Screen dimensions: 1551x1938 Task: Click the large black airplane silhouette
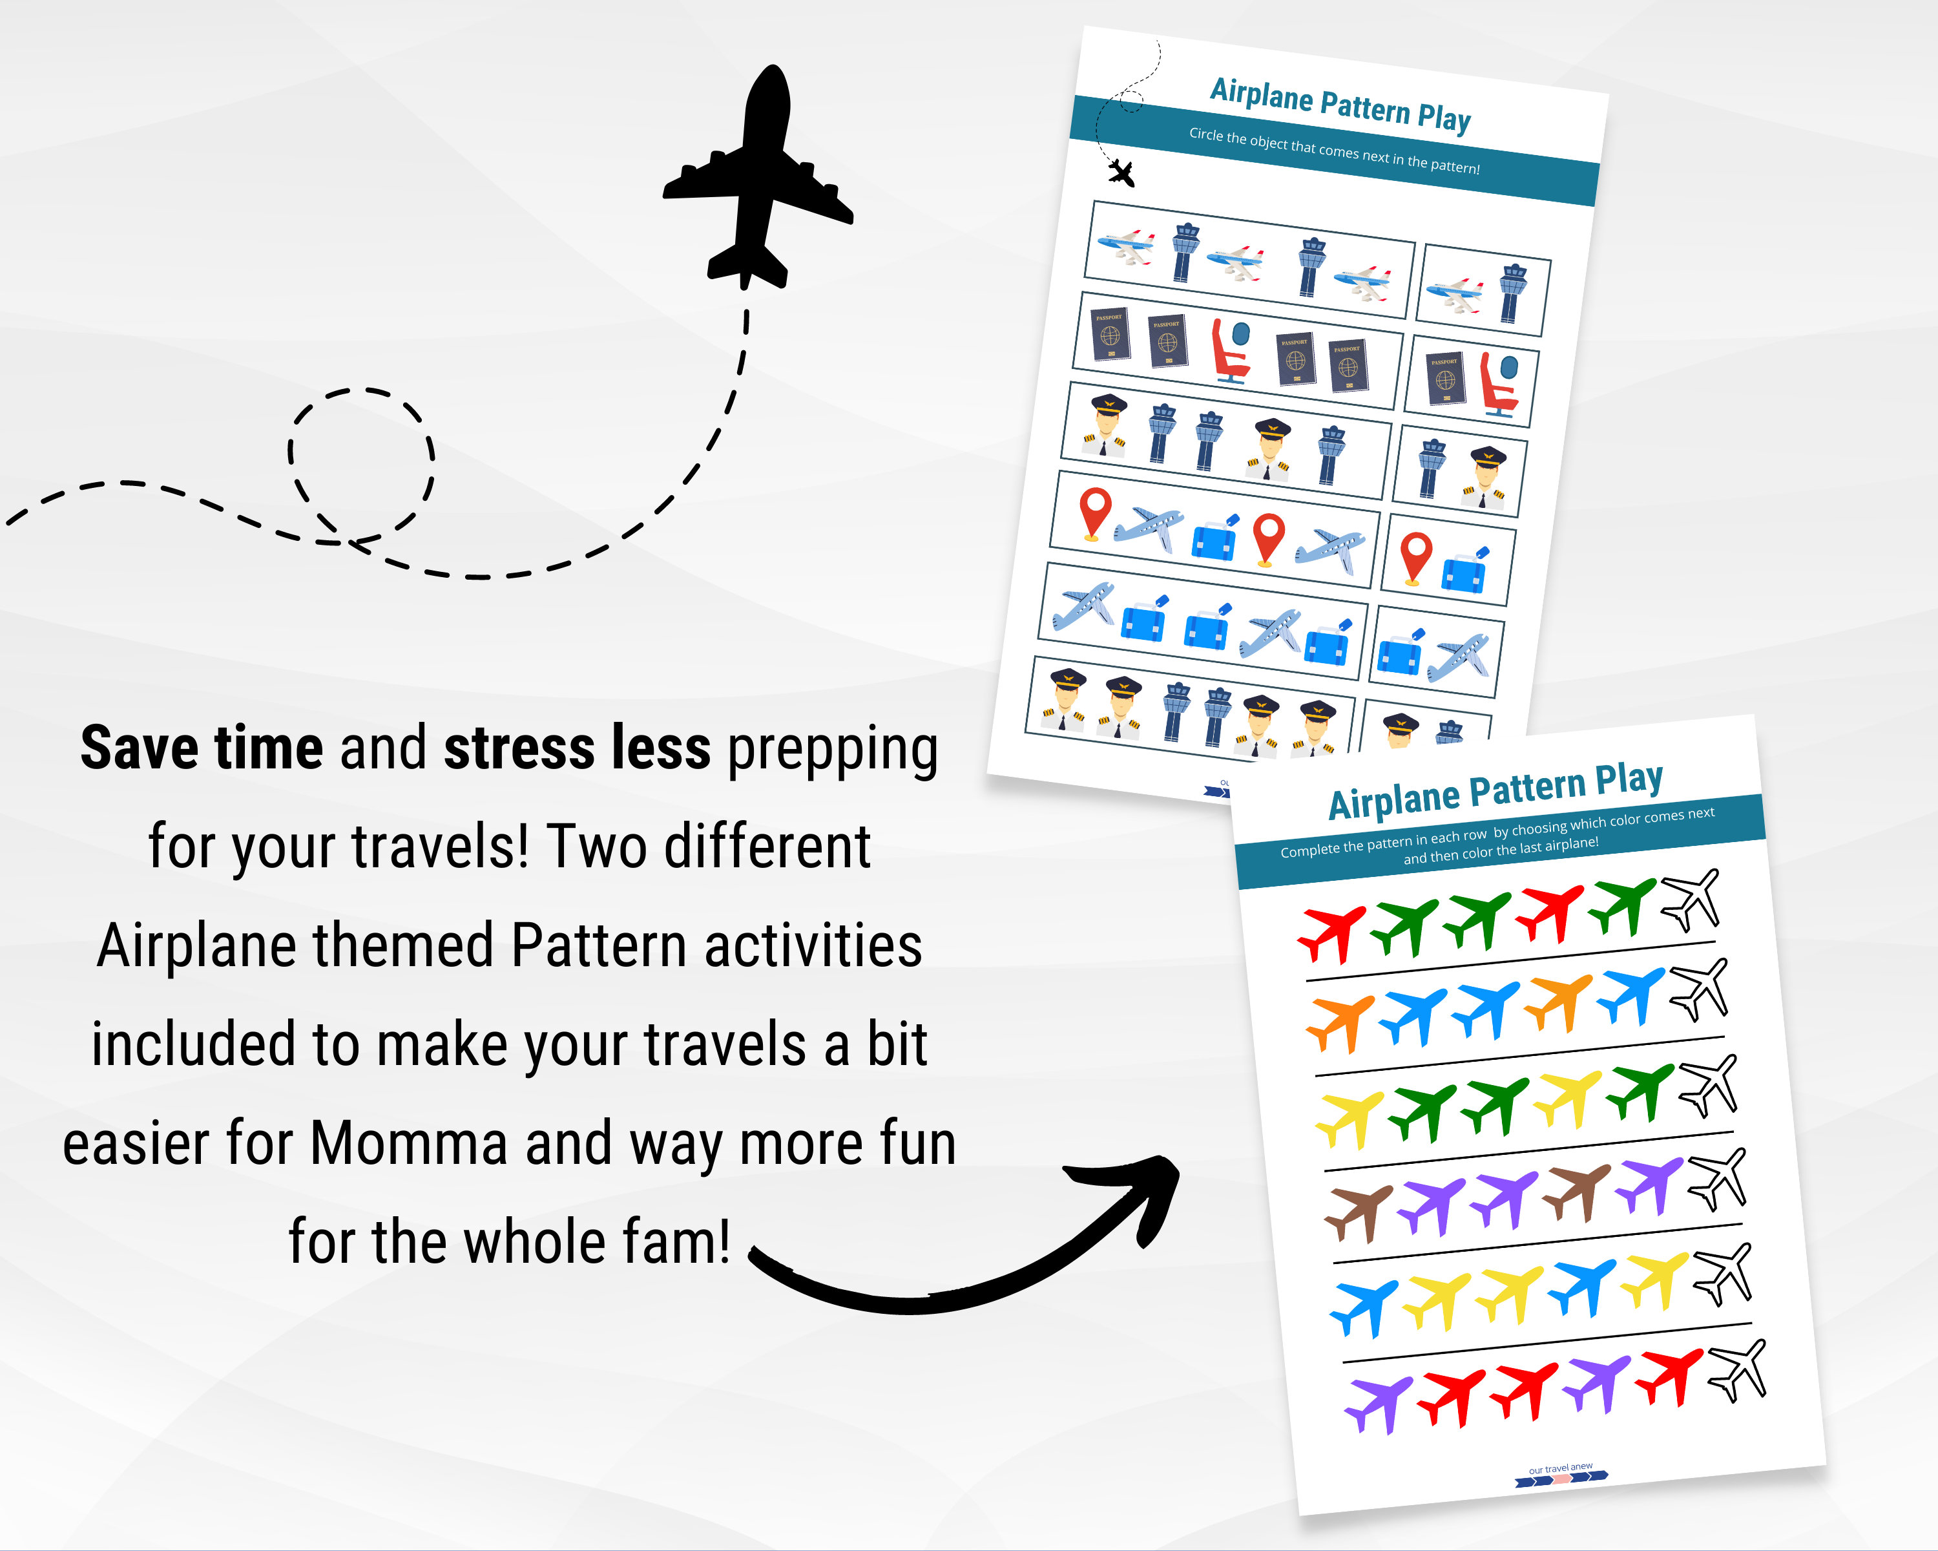[x=758, y=180]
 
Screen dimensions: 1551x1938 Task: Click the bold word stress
[x=519, y=748]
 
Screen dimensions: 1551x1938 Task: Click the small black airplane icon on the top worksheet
[x=1121, y=172]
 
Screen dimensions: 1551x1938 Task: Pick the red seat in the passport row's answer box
[x=1499, y=385]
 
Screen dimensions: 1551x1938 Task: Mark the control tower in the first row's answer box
[x=1513, y=292]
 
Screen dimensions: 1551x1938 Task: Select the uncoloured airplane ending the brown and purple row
[x=1718, y=1178]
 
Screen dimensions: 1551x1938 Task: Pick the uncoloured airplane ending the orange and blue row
[x=1699, y=989]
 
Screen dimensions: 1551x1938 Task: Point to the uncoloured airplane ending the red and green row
[x=1691, y=899]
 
